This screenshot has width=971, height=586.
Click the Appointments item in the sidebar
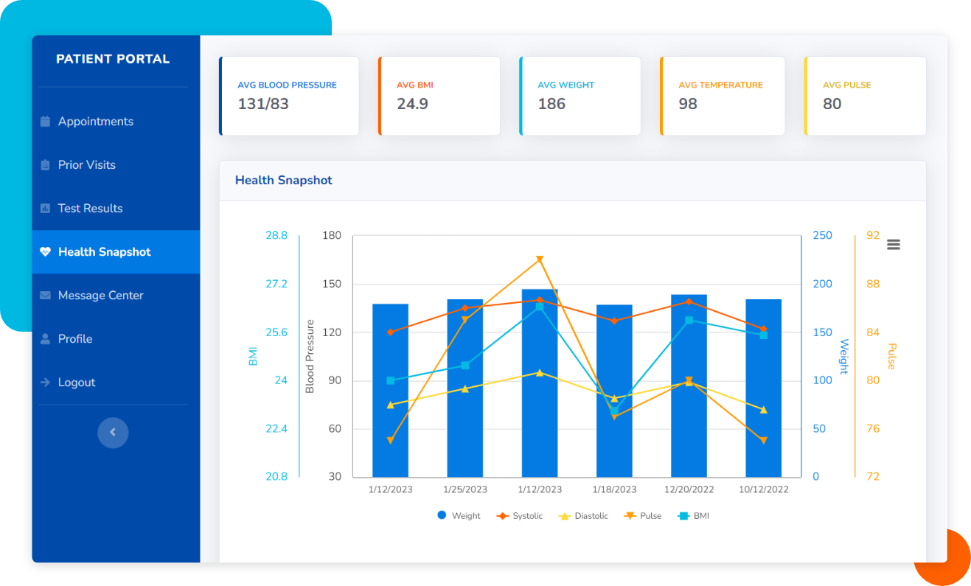tap(95, 122)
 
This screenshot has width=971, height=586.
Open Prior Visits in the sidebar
tap(86, 165)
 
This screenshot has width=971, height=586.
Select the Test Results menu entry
tap(90, 209)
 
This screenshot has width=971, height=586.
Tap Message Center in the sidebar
tap(100, 296)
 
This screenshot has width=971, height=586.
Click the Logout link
tap(76, 383)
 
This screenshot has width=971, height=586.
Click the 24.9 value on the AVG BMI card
tap(412, 104)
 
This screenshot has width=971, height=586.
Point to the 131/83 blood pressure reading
tap(263, 104)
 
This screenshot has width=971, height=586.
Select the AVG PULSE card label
tap(846, 85)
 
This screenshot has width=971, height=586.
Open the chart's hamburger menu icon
tap(893, 245)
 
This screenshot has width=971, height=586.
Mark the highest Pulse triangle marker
tap(540, 259)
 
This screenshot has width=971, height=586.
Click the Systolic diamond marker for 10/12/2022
tap(763, 329)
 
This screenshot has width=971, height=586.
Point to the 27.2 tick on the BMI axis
tap(276, 284)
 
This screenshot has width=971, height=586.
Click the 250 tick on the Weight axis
tap(822, 236)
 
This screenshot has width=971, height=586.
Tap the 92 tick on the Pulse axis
tap(873, 236)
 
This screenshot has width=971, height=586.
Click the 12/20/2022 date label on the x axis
tap(689, 489)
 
